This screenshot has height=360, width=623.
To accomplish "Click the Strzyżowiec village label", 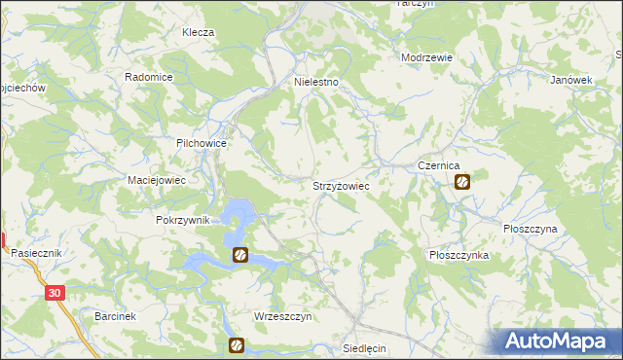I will (x=340, y=184).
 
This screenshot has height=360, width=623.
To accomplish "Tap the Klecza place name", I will (x=198, y=32).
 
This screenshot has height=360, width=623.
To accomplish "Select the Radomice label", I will (x=149, y=77).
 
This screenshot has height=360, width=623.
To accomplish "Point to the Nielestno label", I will (x=316, y=83).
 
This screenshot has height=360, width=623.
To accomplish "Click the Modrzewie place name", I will (x=427, y=57).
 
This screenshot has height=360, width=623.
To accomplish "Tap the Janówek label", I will (x=571, y=80).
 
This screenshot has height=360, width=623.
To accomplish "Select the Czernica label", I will (x=438, y=166).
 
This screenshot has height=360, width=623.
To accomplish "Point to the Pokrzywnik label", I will (x=183, y=220).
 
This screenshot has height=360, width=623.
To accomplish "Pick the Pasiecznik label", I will (x=37, y=253).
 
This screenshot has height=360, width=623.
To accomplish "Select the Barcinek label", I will (x=115, y=317).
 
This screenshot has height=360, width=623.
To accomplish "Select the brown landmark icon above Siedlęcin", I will (x=236, y=344).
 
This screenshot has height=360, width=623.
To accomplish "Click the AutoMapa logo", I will (x=558, y=340).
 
